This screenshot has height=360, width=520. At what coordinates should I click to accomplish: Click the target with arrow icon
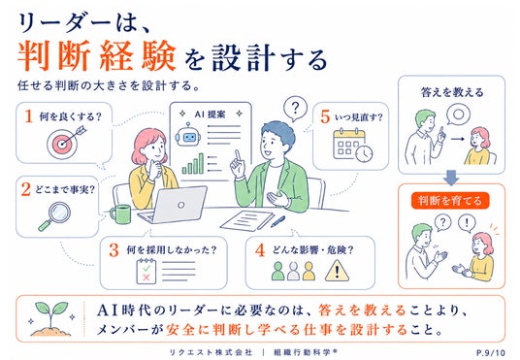[x=64, y=143]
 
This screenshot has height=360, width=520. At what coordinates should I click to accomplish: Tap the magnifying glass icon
[x=55, y=215]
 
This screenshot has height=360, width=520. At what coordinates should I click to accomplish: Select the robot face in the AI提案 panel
[x=188, y=136]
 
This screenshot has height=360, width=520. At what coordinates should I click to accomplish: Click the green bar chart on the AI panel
[x=193, y=164]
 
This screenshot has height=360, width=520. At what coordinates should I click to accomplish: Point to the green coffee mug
[x=120, y=214]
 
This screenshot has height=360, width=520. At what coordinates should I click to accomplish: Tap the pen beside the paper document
[x=277, y=221]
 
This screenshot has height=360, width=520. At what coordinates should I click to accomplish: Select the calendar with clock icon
[x=352, y=146]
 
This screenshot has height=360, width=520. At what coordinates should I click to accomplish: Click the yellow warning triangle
[x=337, y=271]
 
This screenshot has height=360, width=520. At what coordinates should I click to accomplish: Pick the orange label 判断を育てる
[x=450, y=201]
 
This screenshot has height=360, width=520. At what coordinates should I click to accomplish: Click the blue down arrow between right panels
[x=451, y=178]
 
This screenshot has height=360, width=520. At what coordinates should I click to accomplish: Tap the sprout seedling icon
[x=51, y=318]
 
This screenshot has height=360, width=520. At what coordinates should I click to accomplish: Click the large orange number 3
[x=114, y=250]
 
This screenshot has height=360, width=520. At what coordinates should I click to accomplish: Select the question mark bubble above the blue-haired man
[x=295, y=109]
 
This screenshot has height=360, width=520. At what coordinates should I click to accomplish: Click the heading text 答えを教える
[x=452, y=92]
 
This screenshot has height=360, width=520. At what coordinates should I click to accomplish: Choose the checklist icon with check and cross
[x=146, y=271]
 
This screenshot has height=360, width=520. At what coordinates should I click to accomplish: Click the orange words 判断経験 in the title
[x=96, y=55]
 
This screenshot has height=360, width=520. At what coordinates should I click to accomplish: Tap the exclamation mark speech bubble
[x=467, y=223]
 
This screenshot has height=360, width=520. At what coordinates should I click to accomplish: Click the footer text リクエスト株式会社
[x=211, y=352]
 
